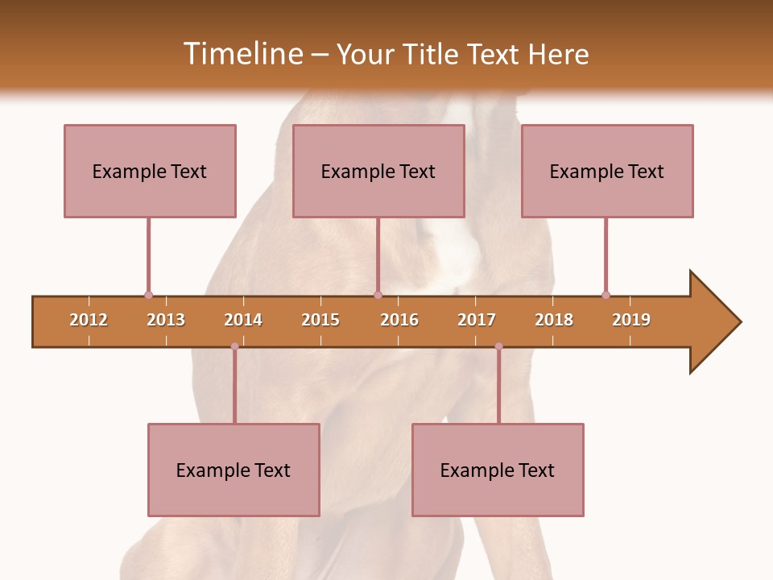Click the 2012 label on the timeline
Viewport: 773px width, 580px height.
(x=89, y=320)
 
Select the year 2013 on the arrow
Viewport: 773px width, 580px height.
(x=166, y=320)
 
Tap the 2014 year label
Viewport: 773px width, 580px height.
(x=243, y=320)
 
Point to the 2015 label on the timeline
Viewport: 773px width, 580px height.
(x=320, y=320)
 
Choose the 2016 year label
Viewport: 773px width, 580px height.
(x=399, y=320)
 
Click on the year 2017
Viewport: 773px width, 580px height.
(x=477, y=320)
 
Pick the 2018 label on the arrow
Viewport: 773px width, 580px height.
(x=554, y=320)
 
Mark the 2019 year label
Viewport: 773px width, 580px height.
(x=631, y=320)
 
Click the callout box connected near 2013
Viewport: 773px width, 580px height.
(x=150, y=171)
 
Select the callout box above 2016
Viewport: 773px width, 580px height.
(x=378, y=171)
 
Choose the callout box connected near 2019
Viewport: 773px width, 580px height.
(x=607, y=171)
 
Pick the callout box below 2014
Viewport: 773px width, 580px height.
(x=234, y=470)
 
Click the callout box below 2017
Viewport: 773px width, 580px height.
(x=498, y=470)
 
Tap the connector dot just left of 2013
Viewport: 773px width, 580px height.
(x=148, y=295)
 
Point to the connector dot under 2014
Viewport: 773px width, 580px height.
(x=234, y=346)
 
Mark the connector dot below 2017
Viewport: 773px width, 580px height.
(x=498, y=346)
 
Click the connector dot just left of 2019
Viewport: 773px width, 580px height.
(x=606, y=295)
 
